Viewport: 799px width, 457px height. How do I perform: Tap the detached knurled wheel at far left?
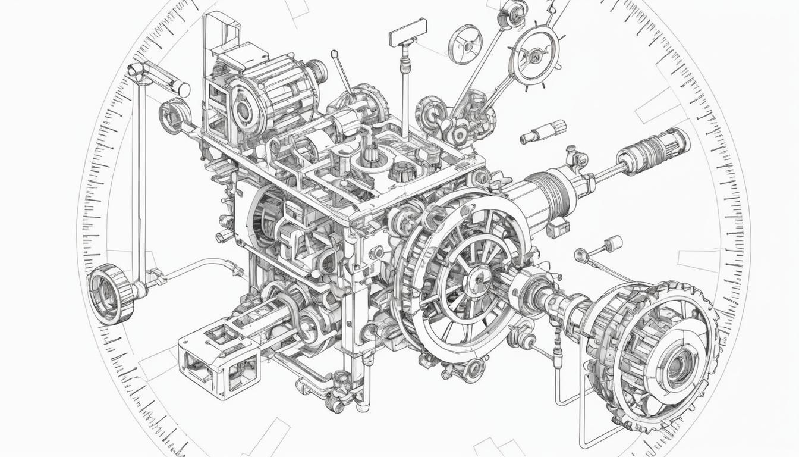(111, 293)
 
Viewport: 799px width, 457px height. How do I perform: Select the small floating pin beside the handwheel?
(542, 132)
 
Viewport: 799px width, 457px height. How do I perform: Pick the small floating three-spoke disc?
(465, 44)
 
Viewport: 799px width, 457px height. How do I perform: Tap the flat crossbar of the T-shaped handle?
(408, 32)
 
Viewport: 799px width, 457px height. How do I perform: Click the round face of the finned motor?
(243, 109)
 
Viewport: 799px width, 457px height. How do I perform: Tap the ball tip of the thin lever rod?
(335, 54)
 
